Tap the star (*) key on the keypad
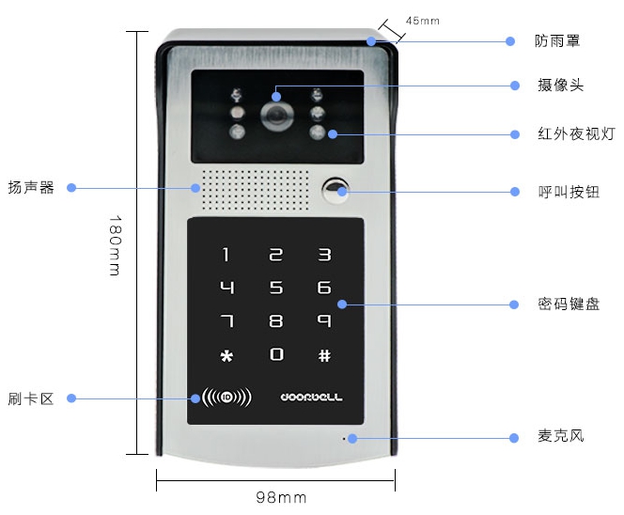click(226, 355)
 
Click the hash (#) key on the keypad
click(324, 355)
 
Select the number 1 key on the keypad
click(226, 255)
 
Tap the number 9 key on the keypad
click(324, 320)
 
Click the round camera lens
click(277, 117)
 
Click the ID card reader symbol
click(226, 398)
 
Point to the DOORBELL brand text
click(311, 398)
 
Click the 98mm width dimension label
click(281, 497)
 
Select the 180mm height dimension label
click(115, 245)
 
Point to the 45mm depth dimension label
click(423, 21)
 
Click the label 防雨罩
click(557, 41)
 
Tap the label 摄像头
click(560, 86)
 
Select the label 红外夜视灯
click(576, 133)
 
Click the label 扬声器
click(31, 187)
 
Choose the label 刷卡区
click(31, 398)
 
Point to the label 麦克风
click(560, 436)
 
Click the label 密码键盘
click(569, 304)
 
